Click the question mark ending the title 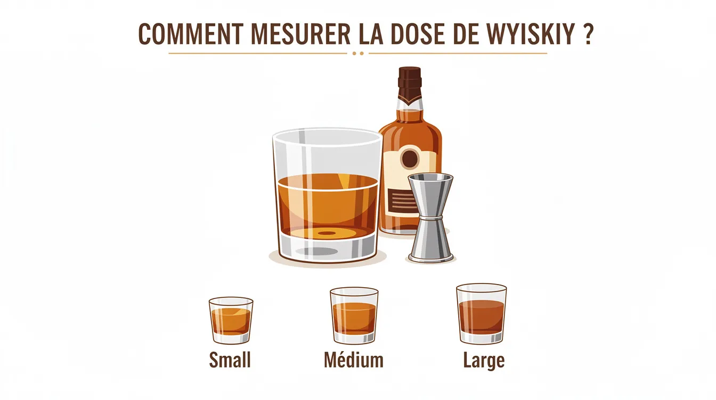588,35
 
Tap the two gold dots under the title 358,53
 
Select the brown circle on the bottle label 410,159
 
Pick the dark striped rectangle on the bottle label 404,201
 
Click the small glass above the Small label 231,320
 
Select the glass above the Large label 481,313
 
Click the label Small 230,360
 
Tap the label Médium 354,360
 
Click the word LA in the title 366,35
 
